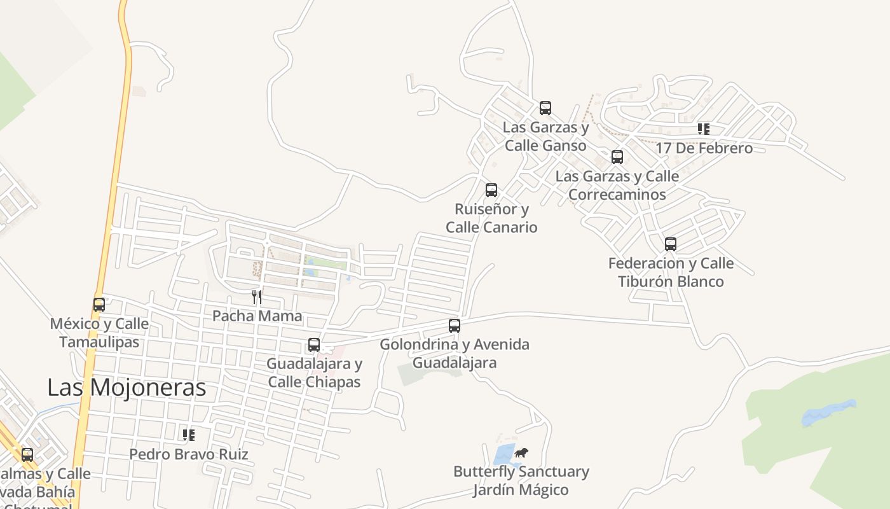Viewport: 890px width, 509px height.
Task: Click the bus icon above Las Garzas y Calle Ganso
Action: pyautogui.click(x=545, y=108)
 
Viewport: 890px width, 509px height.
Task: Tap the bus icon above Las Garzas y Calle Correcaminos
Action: pyautogui.click(x=617, y=157)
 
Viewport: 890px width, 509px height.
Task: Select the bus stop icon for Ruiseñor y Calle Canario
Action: pyautogui.click(x=491, y=190)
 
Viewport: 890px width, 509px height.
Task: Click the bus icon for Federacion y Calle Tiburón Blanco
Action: pyautogui.click(x=671, y=244)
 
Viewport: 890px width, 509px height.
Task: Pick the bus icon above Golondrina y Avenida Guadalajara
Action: pyautogui.click(x=455, y=326)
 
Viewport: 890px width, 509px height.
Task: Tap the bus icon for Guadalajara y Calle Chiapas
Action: pyautogui.click(x=314, y=345)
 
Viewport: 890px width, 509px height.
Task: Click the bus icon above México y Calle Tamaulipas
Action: pyautogui.click(x=99, y=305)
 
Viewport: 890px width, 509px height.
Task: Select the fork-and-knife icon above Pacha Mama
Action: pyautogui.click(x=257, y=296)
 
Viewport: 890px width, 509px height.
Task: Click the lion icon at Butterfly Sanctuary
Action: pyautogui.click(x=522, y=453)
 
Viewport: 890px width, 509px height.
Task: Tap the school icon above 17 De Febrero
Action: pyautogui.click(x=704, y=129)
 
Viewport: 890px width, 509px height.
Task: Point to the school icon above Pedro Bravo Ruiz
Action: pyautogui.click(x=189, y=435)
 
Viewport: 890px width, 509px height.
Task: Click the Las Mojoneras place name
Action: pyautogui.click(x=127, y=387)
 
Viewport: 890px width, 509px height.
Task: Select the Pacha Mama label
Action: pyautogui.click(x=257, y=316)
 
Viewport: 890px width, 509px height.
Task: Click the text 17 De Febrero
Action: pyautogui.click(x=704, y=148)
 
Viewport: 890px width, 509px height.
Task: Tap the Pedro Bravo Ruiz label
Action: pyautogui.click(x=189, y=454)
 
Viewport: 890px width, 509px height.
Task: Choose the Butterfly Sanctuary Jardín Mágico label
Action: pyautogui.click(x=521, y=481)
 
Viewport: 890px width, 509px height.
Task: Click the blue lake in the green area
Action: pyautogui.click(x=828, y=413)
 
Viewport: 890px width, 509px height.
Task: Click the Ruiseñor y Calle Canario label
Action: pyautogui.click(x=491, y=218)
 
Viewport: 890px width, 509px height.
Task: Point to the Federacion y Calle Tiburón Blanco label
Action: pyautogui.click(x=671, y=272)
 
